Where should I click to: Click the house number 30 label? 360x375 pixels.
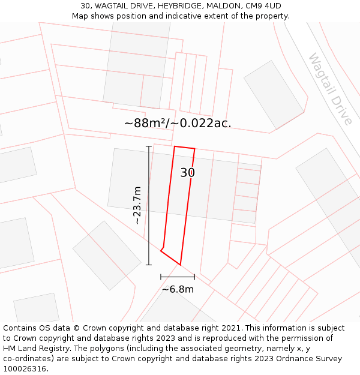point(187,173)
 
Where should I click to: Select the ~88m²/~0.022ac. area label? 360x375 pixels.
point(178,123)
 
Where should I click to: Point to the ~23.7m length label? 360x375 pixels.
point(137,205)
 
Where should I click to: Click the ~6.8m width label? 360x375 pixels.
point(178,289)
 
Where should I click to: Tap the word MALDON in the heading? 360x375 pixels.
point(218,6)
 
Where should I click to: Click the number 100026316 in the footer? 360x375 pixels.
point(25,369)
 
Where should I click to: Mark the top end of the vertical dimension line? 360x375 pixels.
point(149,146)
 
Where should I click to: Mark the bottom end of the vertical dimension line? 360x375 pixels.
point(149,265)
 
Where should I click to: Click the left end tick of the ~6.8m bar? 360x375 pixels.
point(161,277)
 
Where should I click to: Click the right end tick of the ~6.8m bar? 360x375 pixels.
point(194,277)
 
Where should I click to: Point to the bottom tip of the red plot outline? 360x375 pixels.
point(180,265)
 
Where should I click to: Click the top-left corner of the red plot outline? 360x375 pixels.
point(174,146)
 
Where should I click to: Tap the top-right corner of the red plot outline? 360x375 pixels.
point(195,149)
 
